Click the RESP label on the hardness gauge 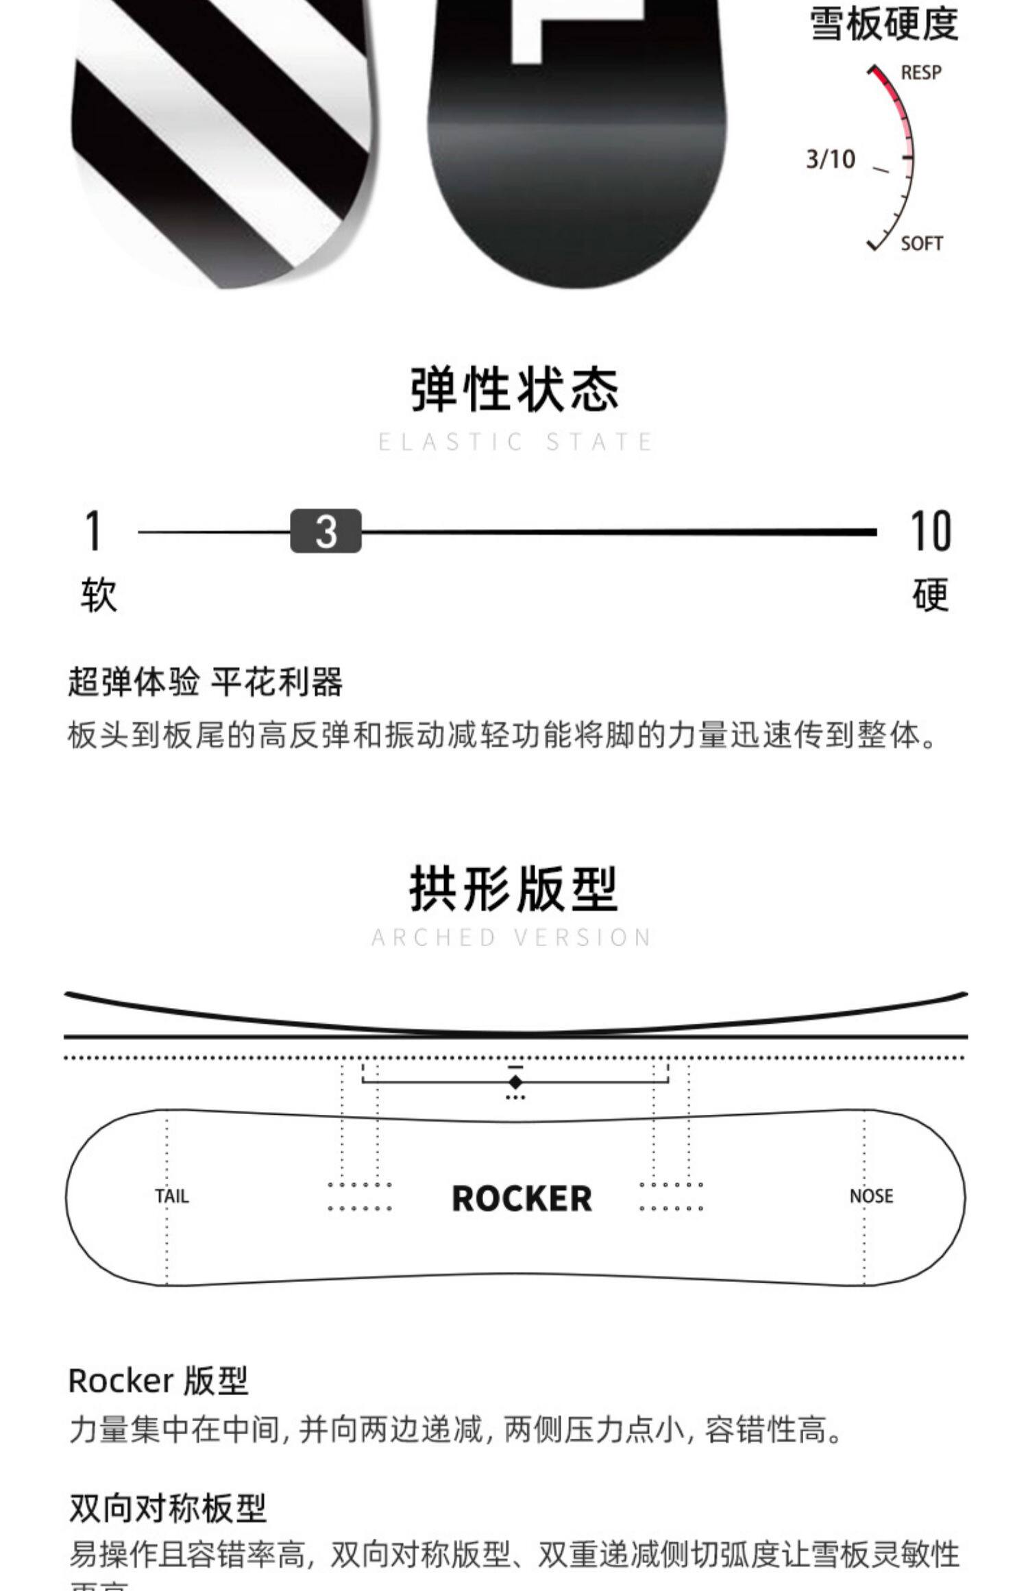(x=920, y=72)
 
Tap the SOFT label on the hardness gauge (x=921, y=243)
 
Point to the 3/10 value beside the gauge (x=831, y=160)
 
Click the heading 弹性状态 (x=514, y=390)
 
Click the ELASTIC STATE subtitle (x=515, y=442)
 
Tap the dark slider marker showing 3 (x=326, y=531)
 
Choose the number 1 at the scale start (x=94, y=531)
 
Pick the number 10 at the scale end (x=930, y=531)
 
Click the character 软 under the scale (x=99, y=594)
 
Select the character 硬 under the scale (x=930, y=594)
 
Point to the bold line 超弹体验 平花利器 (x=205, y=682)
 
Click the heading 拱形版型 (x=514, y=889)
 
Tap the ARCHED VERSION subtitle (x=512, y=937)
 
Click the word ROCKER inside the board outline (x=522, y=1199)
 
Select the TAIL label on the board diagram (x=171, y=1196)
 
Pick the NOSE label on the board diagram (x=871, y=1196)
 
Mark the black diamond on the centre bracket (x=515, y=1082)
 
